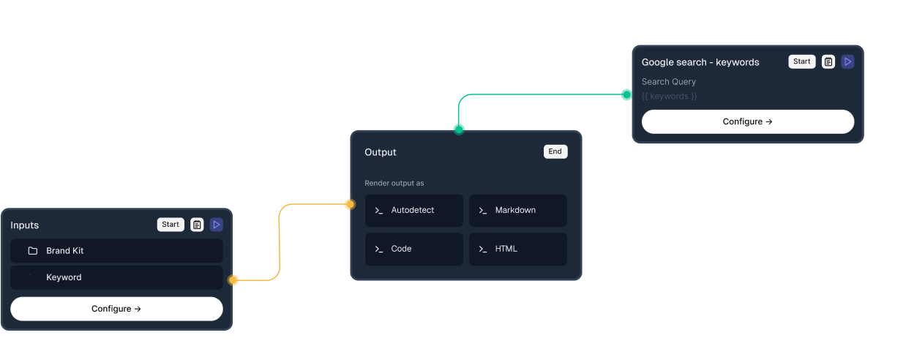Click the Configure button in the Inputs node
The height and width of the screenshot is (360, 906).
(x=116, y=309)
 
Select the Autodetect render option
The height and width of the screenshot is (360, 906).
(x=414, y=210)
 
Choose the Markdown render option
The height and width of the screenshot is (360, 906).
(x=518, y=210)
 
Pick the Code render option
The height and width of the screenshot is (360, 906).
(x=414, y=249)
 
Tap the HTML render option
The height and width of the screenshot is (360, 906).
(x=518, y=249)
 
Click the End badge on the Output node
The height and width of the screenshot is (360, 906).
(x=555, y=151)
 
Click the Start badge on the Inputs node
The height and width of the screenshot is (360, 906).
(x=171, y=225)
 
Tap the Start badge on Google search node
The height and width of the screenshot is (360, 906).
(x=802, y=61)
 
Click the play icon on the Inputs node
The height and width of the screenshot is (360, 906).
(x=217, y=225)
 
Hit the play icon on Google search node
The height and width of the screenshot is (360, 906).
(x=847, y=61)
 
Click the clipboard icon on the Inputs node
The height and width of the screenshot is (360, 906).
(x=197, y=225)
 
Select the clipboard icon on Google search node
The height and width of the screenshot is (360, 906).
(x=828, y=61)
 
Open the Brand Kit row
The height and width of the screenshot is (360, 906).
(x=116, y=251)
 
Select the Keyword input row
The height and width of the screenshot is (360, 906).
(x=116, y=277)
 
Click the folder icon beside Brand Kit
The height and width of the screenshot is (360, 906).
(x=33, y=251)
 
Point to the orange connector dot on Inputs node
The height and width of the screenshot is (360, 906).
(x=233, y=280)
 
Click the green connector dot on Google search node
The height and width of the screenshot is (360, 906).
(x=626, y=94)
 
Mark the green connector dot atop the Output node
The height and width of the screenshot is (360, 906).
(x=459, y=130)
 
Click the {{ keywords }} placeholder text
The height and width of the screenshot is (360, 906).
(x=669, y=96)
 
